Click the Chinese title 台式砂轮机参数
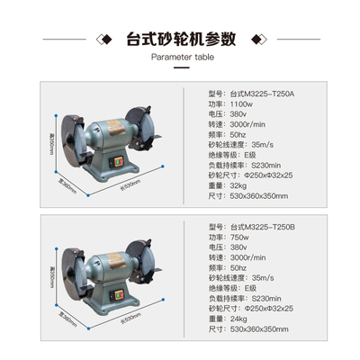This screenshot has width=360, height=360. [x=180, y=39]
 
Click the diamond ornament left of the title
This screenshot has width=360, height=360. [x=106, y=40]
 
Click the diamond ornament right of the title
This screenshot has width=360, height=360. [x=254, y=40]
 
